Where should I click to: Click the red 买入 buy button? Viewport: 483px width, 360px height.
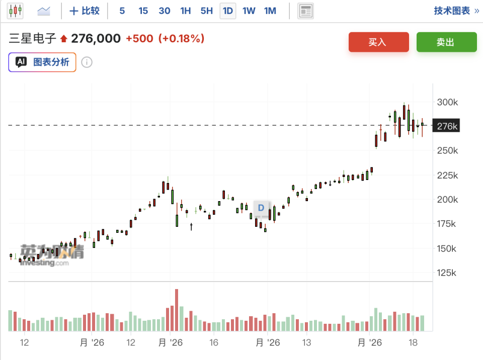[x=378, y=42]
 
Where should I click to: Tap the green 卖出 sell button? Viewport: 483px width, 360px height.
[x=446, y=42]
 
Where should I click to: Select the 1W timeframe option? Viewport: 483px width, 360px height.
[x=249, y=11]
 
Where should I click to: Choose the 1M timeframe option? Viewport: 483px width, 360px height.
[x=270, y=11]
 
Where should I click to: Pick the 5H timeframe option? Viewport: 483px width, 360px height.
[x=206, y=11]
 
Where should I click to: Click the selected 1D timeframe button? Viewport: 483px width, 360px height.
[x=227, y=11]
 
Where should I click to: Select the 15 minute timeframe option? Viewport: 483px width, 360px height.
[x=143, y=11]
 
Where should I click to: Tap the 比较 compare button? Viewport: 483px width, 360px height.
[x=85, y=11]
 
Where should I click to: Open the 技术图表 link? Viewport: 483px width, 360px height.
[x=456, y=11]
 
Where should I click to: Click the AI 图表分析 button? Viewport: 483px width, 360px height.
[x=42, y=62]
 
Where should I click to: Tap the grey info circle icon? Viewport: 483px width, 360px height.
[x=87, y=62]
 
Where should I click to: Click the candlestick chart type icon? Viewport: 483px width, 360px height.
[x=15, y=11]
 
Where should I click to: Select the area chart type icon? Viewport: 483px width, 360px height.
[x=43, y=11]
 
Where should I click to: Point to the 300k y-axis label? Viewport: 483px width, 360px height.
[x=447, y=102]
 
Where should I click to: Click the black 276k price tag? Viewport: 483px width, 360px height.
[x=446, y=126]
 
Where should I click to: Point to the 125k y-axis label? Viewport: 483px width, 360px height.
[x=446, y=273]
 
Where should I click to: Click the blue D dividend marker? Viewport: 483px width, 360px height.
[x=261, y=208]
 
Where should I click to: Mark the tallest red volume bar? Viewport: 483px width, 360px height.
[x=177, y=310]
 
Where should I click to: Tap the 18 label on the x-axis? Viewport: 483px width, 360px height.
[x=413, y=342]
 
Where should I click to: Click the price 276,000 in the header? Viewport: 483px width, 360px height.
[x=96, y=39]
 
